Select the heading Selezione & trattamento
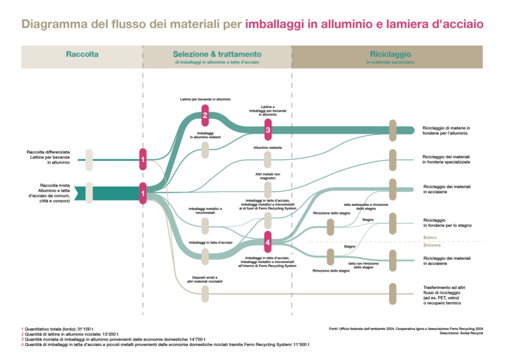click(217, 54)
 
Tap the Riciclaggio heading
click(390, 54)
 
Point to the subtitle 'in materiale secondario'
click(390, 62)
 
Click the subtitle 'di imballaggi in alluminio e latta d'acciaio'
click(217, 62)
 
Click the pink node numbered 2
click(205, 116)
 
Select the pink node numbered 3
click(268, 130)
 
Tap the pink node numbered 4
click(268, 242)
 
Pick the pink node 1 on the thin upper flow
click(143, 159)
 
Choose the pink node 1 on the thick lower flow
click(143, 193)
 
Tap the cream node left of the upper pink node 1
click(89, 159)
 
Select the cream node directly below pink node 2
click(205, 150)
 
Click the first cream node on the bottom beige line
click(205, 294)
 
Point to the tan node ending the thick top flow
click(392, 130)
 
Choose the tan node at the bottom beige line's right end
click(392, 294)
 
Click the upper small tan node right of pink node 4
click(330, 227)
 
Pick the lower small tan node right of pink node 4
click(330, 256)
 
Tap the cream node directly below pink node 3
click(268, 159)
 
